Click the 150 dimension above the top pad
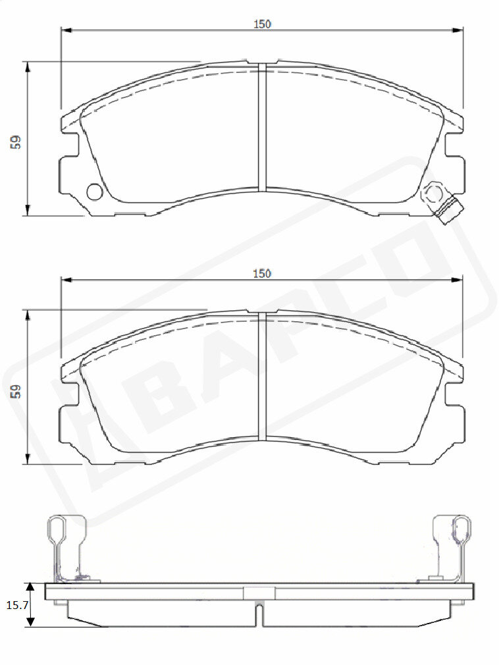coord(262,24)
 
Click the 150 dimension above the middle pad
coord(262,273)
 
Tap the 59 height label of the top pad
coord(16,142)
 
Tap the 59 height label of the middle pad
coord(16,392)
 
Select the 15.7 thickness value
coord(17,605)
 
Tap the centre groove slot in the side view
coord(259,614)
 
